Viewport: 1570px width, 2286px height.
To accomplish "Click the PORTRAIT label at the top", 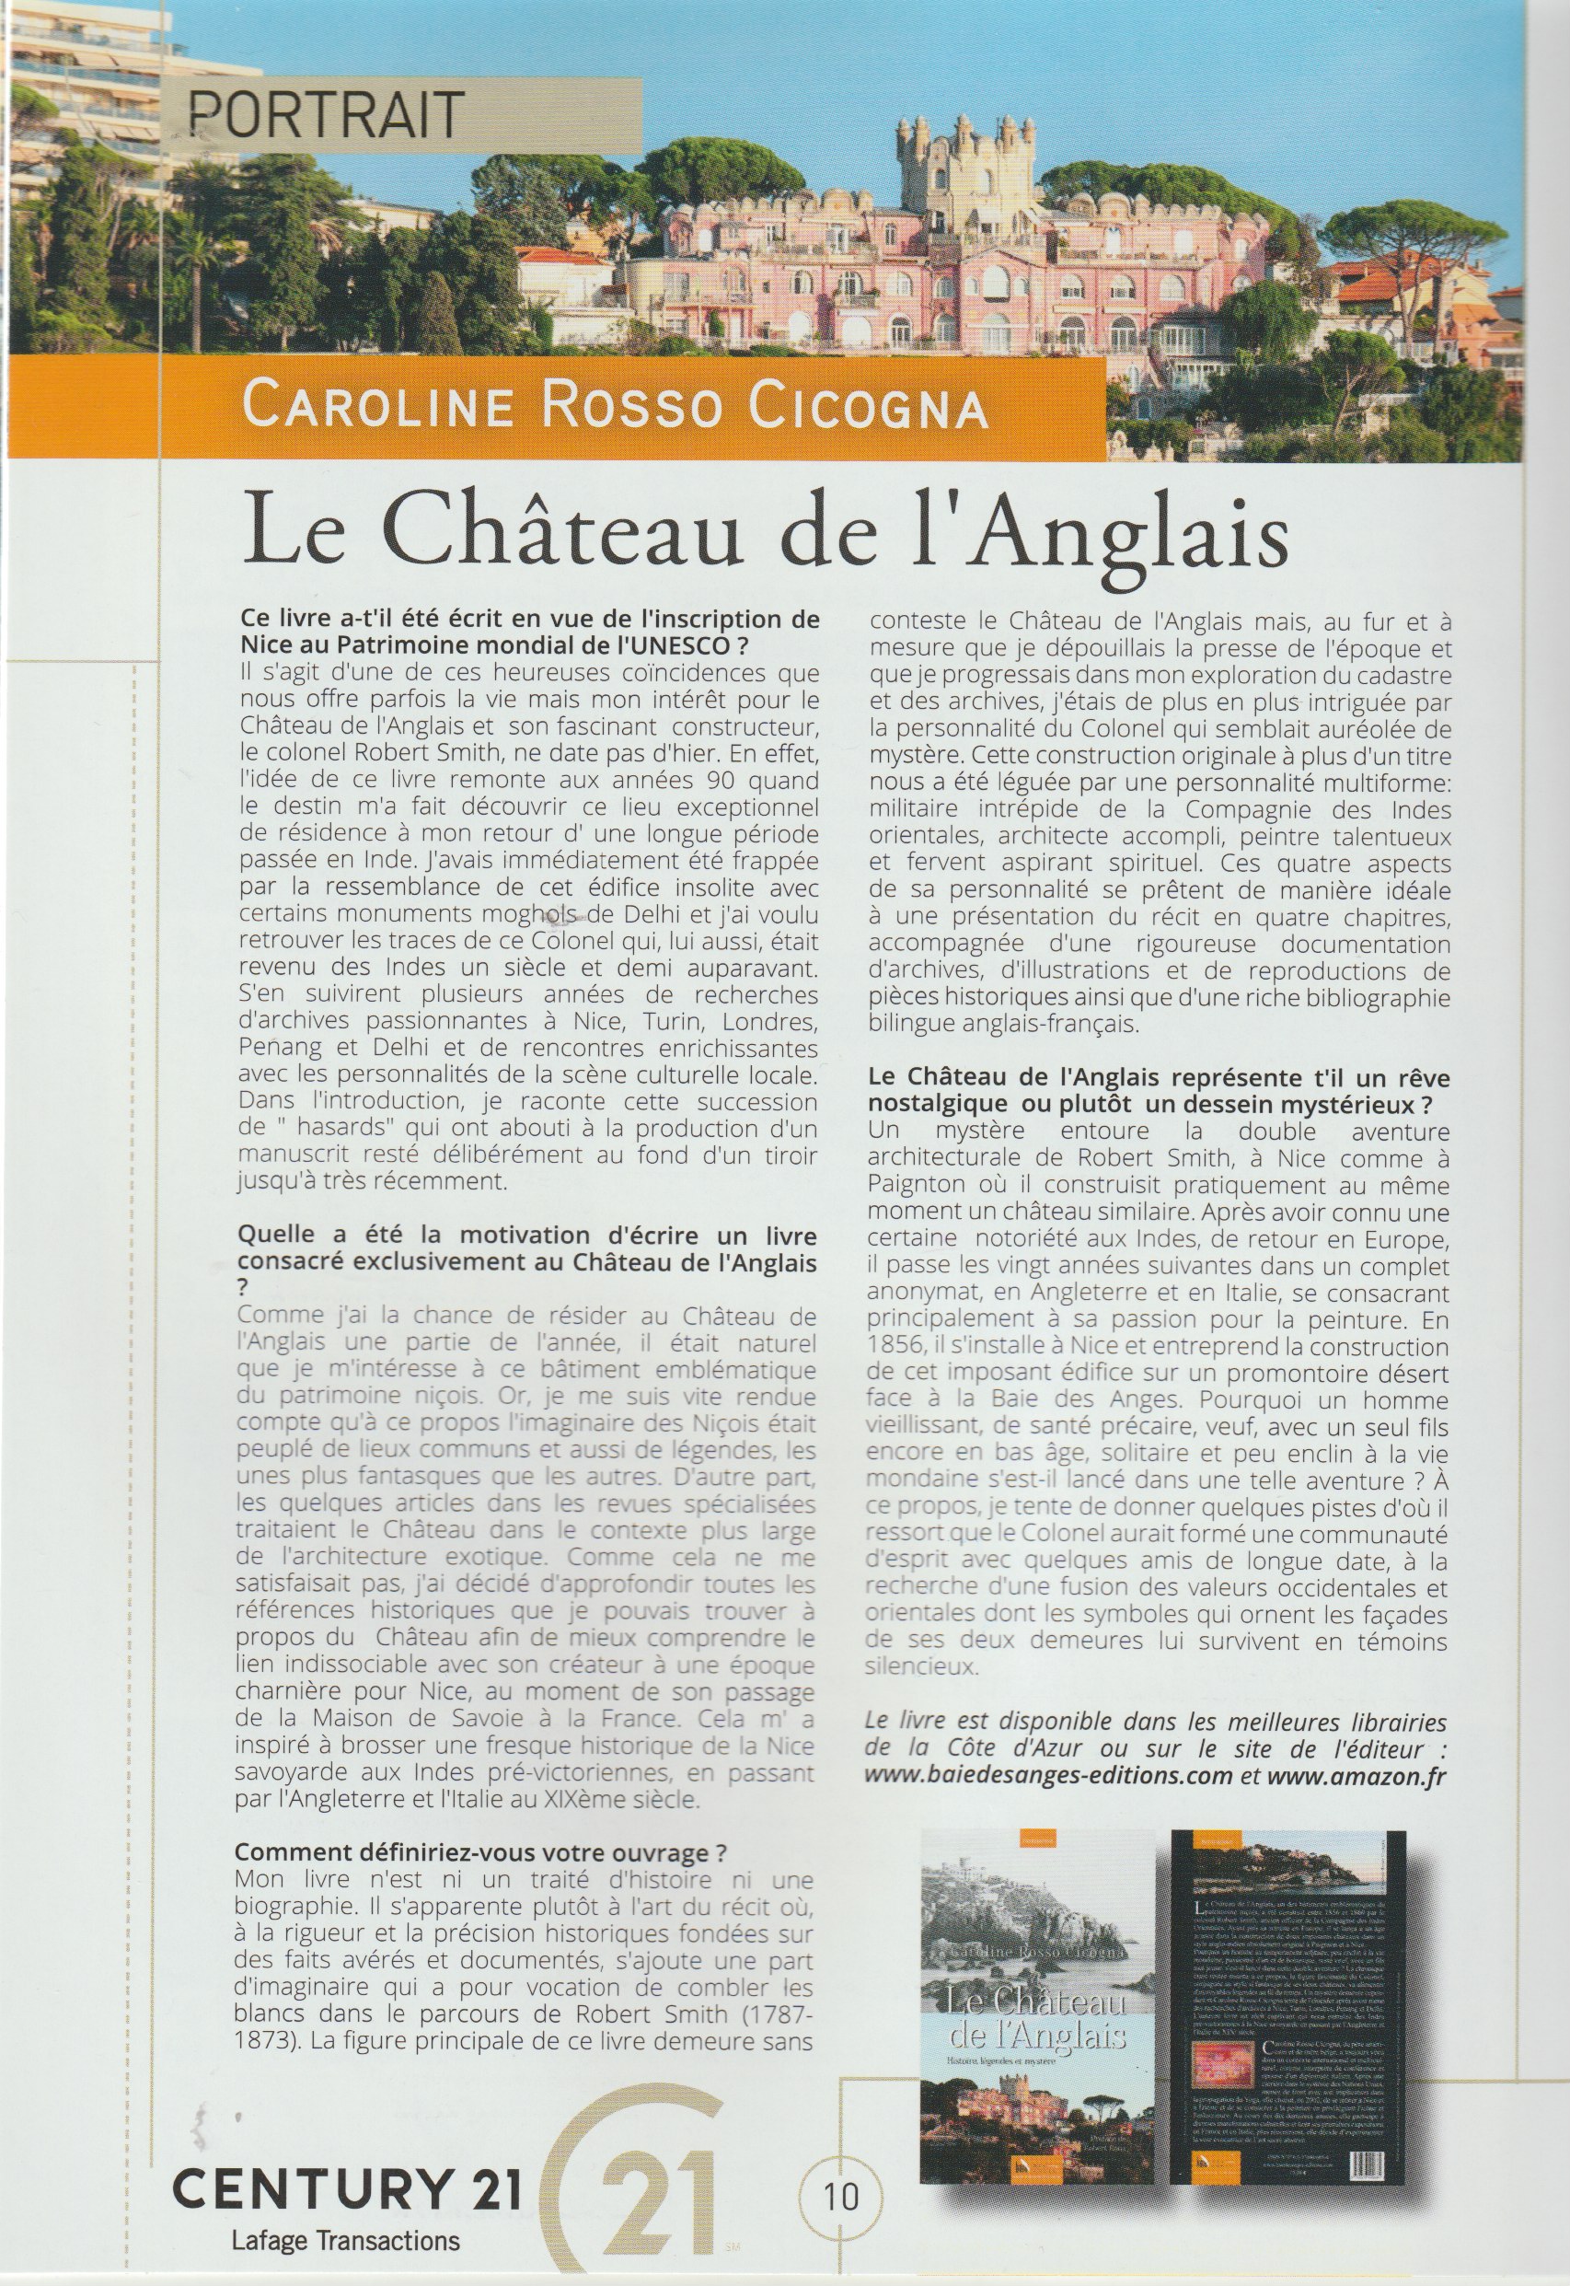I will click(325, 115).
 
